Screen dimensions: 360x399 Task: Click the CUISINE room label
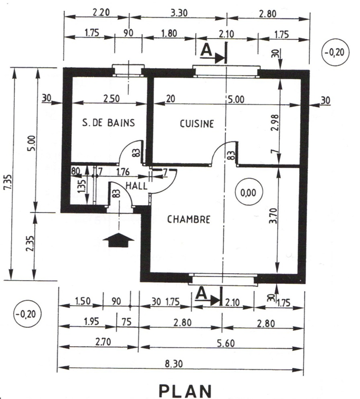197,124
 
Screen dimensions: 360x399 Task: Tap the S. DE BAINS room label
109,123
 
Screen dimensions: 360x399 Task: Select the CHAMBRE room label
188,219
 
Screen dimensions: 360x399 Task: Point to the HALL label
137,186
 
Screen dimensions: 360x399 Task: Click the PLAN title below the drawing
185,391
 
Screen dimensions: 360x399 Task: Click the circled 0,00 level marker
248,192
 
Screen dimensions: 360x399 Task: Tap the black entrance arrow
118,240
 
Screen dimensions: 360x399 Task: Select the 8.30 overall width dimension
174,364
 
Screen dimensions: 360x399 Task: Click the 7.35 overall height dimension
9,182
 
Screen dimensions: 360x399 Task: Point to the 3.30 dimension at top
179,13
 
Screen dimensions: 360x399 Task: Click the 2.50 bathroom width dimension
111,98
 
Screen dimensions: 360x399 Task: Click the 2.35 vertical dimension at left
30,244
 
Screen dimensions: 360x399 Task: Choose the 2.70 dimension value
103,342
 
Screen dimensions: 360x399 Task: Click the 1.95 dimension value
91,322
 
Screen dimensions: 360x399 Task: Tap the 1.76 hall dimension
123,172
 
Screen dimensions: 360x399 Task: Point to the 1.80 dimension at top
169,33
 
